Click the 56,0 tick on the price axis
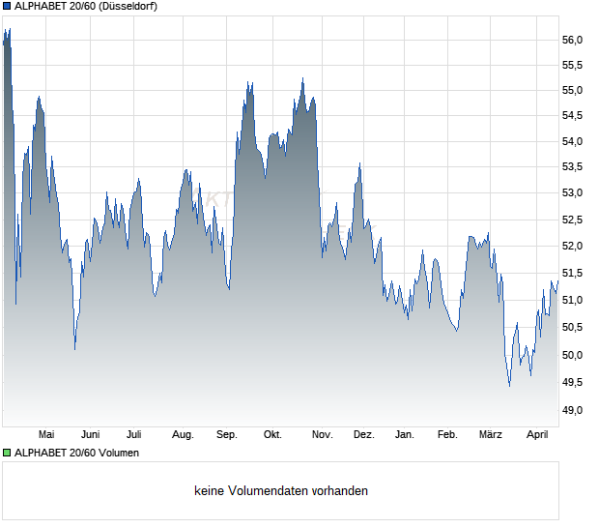(573, 40)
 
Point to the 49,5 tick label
(573, 383)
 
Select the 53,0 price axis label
(573, 193)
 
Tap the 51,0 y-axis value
(573, 301)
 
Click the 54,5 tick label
(573, 117)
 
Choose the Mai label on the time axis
(46, 435)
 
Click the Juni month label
(90, 435)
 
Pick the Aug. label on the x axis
(183, 435)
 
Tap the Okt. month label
(272, 435)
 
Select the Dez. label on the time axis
(363, 435)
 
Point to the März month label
(491, 435)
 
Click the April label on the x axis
(536, 435)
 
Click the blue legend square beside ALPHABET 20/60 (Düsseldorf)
(6, 6)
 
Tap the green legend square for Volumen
(6, 453)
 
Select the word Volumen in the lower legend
(118, 453)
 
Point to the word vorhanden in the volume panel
(341, 491)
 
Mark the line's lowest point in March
(509, 385)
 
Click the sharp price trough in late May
(74, 348)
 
